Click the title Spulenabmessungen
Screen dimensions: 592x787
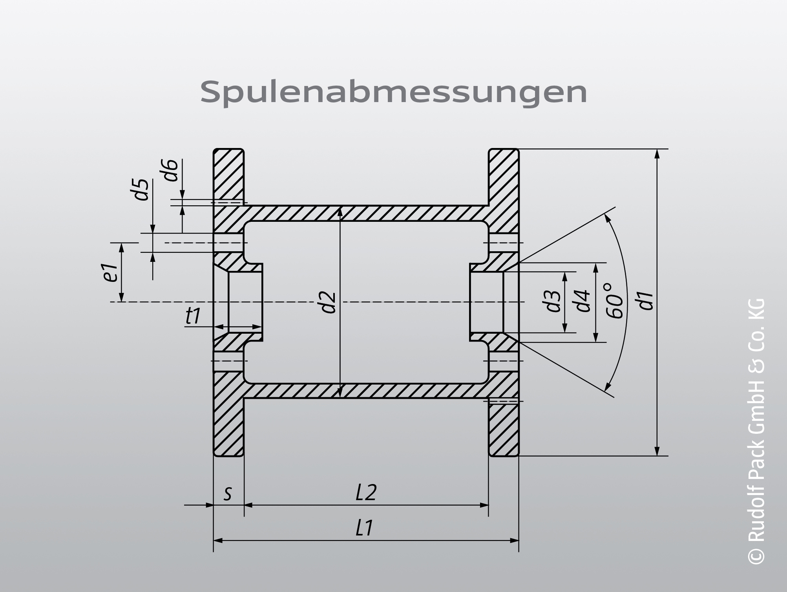[x=393, y=92]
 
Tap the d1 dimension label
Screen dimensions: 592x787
[x=646, y=301]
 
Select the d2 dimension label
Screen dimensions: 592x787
[x=329, y=302]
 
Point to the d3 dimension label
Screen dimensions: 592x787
[x=553, y=301]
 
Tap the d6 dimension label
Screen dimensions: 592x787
[x=171, y=170]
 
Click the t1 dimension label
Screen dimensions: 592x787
[x=193, y=316]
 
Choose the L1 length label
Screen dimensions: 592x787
[x=364, y=528]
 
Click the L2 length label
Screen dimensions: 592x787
[x=366, y=493]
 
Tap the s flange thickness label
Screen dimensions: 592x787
[x=228, y=493]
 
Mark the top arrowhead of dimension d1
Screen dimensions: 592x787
[x=657, y=153]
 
